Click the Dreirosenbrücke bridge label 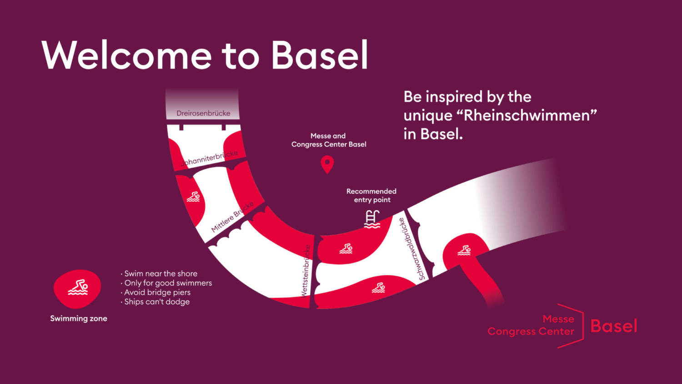[x=203, y=113]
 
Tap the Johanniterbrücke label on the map [x=210, y=158]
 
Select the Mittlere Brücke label [x=232, y=217]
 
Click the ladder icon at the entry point [x=372, y=219]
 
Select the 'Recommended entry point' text [x=371, y=195]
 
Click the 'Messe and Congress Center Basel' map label [x=329, y=140]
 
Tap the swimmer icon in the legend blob [x=78, y=288]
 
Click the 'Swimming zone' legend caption [x=79, y=318]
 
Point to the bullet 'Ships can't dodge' [x=155, y=302]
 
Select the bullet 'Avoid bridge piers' [x=155, y=292]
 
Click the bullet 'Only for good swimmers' [x=166, y=283]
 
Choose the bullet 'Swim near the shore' [x=159, y=273]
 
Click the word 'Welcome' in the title [x=126, y=55]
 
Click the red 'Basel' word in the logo [x=614, y=326]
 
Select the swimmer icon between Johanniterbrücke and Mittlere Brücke [x=193, y=197]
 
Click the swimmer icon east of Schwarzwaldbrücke [x=464, y=251]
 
